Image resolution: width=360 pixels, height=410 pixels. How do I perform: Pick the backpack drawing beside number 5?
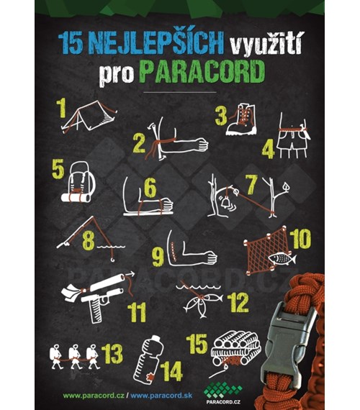click(77, 183)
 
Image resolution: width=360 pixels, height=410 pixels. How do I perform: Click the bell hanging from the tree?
click(225, 203)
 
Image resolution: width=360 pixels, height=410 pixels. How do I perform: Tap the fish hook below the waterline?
click(112, 258)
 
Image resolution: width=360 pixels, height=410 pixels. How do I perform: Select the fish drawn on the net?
click(282, 258)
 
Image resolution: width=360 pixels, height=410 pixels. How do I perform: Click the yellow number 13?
click(112, 354)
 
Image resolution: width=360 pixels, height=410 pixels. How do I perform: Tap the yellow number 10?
click(300, 239)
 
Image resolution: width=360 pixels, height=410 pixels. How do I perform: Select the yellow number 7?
click(251, 184)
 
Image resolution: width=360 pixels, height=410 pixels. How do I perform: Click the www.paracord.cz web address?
click(94, 396)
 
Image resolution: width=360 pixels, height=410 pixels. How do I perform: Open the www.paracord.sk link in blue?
click(161, 396)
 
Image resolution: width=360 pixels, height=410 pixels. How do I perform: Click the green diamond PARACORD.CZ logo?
click(222, 393)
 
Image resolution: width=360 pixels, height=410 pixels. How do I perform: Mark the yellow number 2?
click(139, 143)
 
